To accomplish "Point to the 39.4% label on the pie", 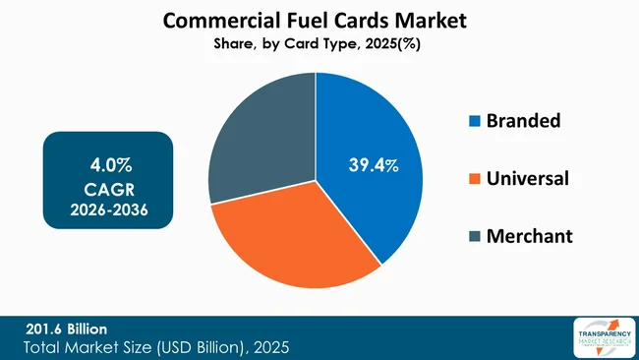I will tap(374, 165).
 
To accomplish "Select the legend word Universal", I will tap(528, 179).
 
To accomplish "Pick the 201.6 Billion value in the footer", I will tap(66, 328).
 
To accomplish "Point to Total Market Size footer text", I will tap(157, 347).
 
